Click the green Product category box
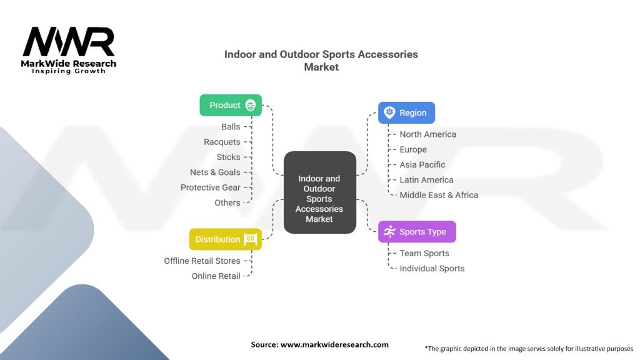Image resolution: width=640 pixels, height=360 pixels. (x=231, y=105)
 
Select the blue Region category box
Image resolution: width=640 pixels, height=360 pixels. (x=406, y=112)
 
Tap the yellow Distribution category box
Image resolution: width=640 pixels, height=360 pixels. (x=225, y=239)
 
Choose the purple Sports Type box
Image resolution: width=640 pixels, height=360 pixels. (x=417, y=231)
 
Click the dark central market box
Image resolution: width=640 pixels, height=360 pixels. (x=319, y=193)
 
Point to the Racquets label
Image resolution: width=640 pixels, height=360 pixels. (x=222, y=142)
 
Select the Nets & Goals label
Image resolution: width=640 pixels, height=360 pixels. (x=215, y=172)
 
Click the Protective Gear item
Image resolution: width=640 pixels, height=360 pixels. (x=211, y=187)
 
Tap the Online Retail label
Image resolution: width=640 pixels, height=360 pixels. (x=216, y=276)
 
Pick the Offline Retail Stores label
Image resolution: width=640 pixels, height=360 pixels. (x=202, y=261)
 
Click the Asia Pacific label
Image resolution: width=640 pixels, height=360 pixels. (x=422, y=164)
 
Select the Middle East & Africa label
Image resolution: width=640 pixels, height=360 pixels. (x=439, y=194)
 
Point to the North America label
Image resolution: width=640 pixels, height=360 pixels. (x=427, y=134)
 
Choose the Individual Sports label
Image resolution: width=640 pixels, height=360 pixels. (x=432, y=268)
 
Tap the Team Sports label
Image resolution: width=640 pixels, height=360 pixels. (x=424, y=253)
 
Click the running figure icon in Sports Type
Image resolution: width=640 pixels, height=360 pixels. (x=390, y=231)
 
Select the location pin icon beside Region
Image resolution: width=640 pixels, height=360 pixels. (x=389, y=112)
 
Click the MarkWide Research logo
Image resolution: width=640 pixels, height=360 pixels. (x=69, y=50)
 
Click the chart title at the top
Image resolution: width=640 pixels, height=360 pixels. (x=321, y=61)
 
